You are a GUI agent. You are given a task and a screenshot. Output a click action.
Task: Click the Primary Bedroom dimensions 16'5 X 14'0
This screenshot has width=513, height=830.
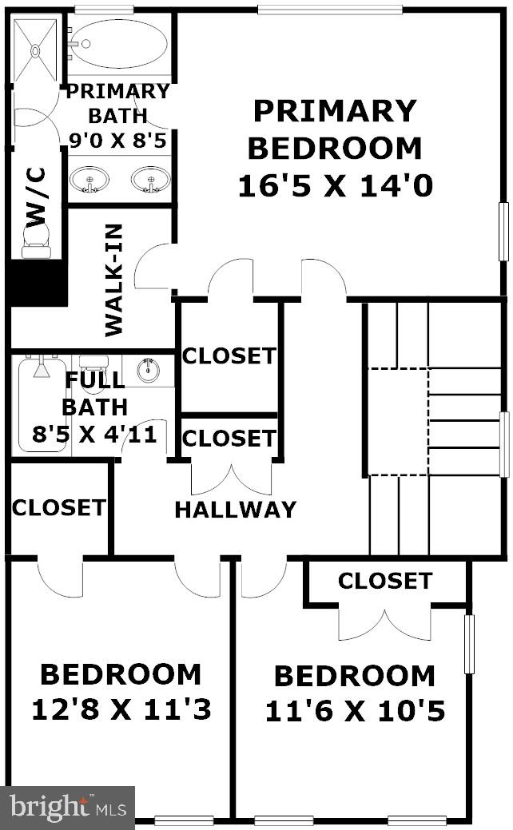(x=335, y=186)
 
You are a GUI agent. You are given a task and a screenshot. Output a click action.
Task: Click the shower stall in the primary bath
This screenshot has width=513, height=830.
(x=35, y=50)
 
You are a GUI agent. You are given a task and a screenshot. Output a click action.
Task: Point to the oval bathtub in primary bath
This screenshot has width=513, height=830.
(x=120, y=44)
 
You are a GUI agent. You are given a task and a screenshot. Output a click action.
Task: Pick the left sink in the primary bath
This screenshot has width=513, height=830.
(x=89, y=180)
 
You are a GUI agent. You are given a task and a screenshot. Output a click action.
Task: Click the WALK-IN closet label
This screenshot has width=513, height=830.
(x=114, y=280)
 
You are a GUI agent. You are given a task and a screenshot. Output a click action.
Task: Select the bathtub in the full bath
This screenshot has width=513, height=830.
(x=41, y=403)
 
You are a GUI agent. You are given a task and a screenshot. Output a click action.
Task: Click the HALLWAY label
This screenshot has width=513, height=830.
(x=235, y=509)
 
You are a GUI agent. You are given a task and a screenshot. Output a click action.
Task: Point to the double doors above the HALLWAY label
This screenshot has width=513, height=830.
(x=230, y=478)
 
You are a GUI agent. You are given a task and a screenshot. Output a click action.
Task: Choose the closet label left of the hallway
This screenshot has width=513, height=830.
(x=58, y=507)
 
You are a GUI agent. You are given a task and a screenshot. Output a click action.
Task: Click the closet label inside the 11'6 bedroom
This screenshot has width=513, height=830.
(x=384, y=581)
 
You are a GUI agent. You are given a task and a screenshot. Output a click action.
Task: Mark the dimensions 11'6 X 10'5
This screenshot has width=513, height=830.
(x=354, y=711)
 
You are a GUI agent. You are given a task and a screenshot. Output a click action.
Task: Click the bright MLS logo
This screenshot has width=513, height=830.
(x=67, y=808)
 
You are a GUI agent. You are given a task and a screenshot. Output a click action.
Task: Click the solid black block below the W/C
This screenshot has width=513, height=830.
(x=37, y=283)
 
